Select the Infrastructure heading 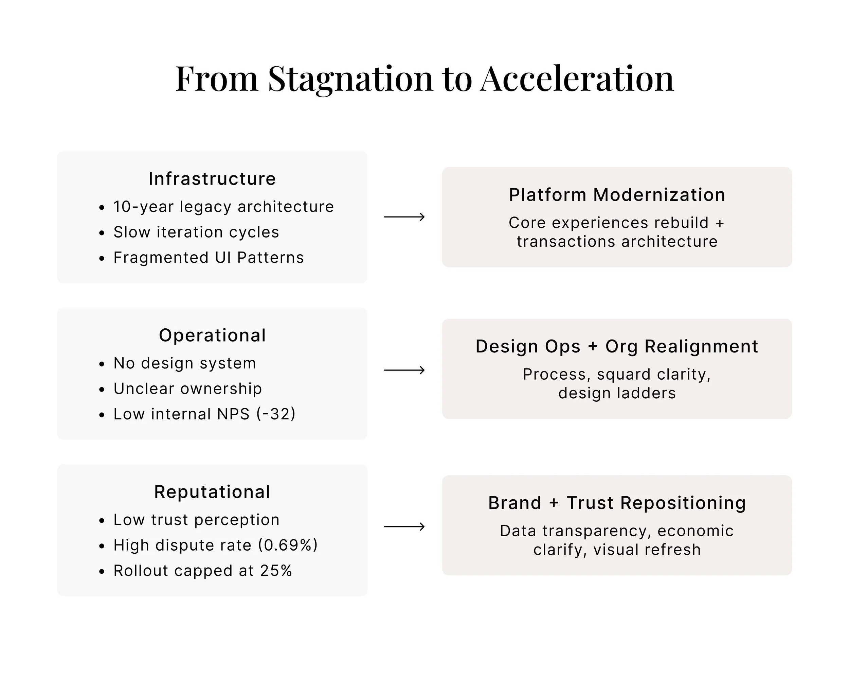pos(212,179)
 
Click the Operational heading pos(212,335)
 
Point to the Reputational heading pos(212,492)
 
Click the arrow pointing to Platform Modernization pos(404,217)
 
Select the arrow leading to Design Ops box pos(404,370)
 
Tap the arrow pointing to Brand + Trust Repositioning pos(404,526)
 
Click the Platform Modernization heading pos(617,195)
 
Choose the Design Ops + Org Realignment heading pos(617,346)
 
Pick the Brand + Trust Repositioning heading pos(617,503)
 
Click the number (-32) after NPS pos(276,414)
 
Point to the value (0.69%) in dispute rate pos(288,545)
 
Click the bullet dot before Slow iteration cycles pos(102,233)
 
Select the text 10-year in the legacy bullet pos(143,207)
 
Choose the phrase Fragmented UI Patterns pos(209,258)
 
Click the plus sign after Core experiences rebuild pos(720,223)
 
